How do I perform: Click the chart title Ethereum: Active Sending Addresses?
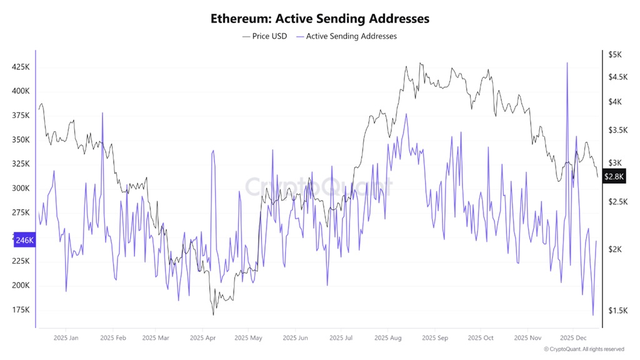point(320,19)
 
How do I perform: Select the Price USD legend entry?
point(264,36)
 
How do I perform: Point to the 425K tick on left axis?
point(21,67)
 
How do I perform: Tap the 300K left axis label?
point(21,188)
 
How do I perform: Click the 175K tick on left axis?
point(21,310)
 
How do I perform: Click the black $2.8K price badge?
point(614,176)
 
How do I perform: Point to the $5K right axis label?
point(615,55)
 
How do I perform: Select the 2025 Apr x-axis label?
point(202,338)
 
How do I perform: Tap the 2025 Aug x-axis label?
point(387,338)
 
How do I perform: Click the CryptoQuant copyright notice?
point(584,349)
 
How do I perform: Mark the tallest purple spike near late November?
point(567,63)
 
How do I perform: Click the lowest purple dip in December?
point(592,315)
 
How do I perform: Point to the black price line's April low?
point(214,314)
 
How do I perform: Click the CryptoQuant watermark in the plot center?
point(318,186)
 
